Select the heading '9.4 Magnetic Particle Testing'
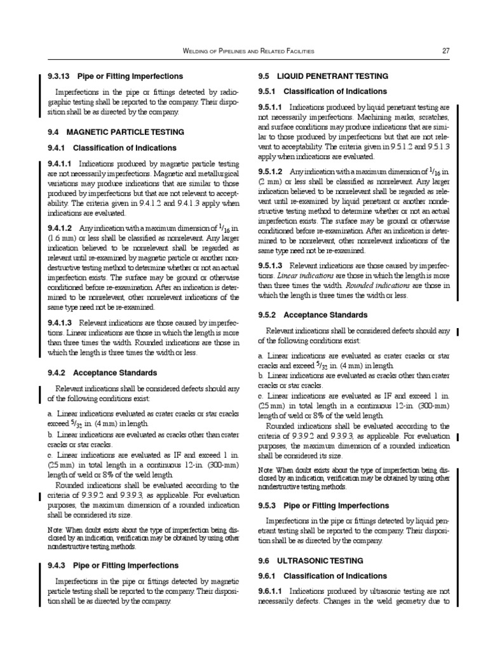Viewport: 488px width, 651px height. (x=116, y=132)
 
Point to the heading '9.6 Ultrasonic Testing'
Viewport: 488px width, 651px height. (x=310, y=561)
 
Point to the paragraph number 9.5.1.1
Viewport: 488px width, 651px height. (x=271, y=107)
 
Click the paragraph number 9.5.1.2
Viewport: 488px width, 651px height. (x=271, y=172)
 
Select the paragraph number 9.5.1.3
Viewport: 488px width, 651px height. (x=271, y=265)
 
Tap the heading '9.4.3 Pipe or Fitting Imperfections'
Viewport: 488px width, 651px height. (x=113, y=565)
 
